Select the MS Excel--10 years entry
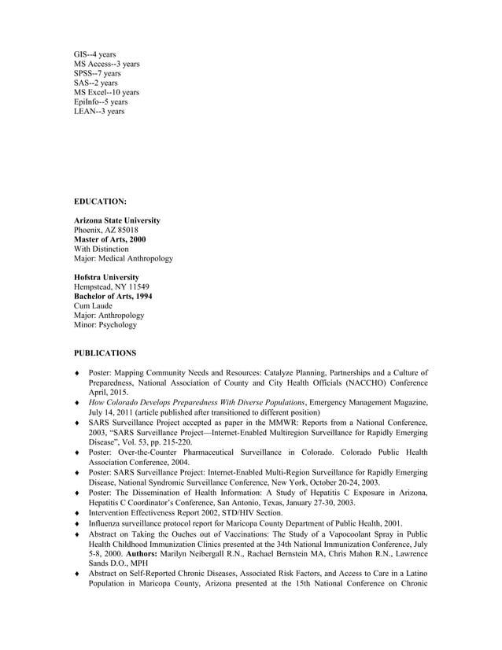tap(106, 92)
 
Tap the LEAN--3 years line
tap(98, 111)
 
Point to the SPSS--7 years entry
tap(97, 73)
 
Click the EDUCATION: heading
tap(100, 201)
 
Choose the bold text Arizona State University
tap(116, 220)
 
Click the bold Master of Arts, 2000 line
tap(109, 239)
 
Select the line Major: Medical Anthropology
tap(123, 258)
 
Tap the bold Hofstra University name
tap(106, 278)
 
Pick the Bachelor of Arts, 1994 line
tap(113, 297)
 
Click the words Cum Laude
tap(93, 306)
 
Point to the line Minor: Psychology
tap(105, 325)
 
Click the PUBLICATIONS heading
tap(105, 353)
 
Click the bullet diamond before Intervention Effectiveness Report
tap(76, 513)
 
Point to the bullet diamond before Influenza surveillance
tap(76, 523)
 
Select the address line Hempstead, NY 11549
tap(111, 287)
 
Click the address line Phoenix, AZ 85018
tap(105, 230)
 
